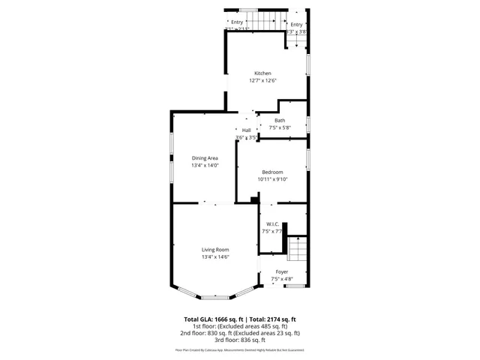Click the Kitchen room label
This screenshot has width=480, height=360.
[x=262, y=73]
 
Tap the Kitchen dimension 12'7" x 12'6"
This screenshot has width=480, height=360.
[x=262, y=80]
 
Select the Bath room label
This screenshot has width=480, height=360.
[x=280, y=121]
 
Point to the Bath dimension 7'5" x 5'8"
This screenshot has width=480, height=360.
[x=280, y=127]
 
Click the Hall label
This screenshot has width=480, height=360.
[x=246, y=130]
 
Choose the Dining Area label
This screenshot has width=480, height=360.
[x=205, y=158]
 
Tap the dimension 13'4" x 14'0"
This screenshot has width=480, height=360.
[x=205, y=165]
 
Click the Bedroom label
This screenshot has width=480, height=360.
[x=272, y=172]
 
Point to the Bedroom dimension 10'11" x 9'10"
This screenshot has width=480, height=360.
[x=272, y=179]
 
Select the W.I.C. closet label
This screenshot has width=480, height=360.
[x=272, y=224]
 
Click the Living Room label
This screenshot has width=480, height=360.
[x=215, y=250]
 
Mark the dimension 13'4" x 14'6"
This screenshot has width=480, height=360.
[x=215, y=257]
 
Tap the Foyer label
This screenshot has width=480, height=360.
[x=282, y=271]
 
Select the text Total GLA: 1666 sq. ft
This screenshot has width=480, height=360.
[x=213, y=319]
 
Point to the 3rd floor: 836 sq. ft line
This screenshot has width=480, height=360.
[x=240, y=339]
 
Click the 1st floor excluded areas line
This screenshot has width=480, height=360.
[x=240, y=326]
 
